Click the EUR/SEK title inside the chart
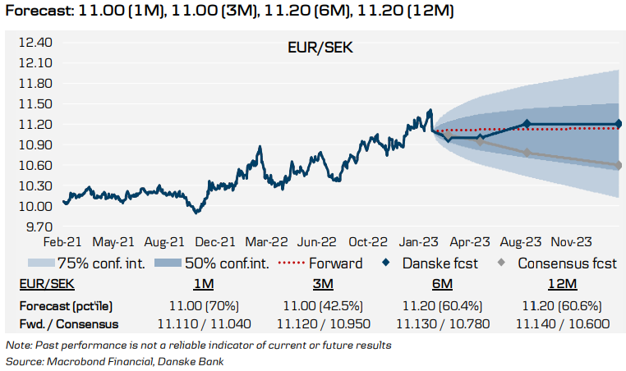tap(320, 48)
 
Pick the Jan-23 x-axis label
tap(419, 242)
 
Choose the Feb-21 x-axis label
tap(62, 242)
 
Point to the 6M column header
tap(442, 284)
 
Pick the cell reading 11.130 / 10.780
tap(442, 323)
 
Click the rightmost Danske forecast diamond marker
tap(618, 124)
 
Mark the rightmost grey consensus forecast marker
tap(618, 166)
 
